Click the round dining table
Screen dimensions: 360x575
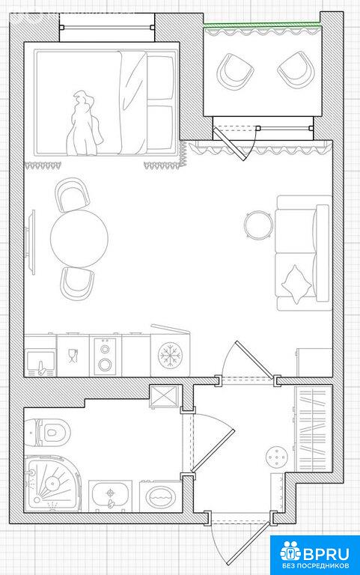[79, 238]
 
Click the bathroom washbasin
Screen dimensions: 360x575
[110, 496]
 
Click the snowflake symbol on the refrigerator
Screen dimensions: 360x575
[170, 355]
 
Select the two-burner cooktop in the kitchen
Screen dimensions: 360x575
[106, 356]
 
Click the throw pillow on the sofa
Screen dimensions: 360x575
[296, 285]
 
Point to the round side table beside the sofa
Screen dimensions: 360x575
[258, 225]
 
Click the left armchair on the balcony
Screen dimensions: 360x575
[235, 73]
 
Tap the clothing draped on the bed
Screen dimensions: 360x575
[82, 125]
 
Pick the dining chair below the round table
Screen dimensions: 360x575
[77, 283]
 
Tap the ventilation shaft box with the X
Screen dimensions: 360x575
[164, 396]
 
